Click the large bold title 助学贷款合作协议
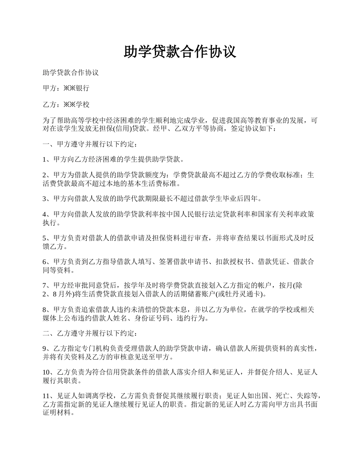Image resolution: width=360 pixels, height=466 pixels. point(180,52)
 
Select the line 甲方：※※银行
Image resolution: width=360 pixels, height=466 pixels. point(66,88)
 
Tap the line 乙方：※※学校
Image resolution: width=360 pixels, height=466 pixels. point(66,104)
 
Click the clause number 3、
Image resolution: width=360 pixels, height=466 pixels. point(47,199)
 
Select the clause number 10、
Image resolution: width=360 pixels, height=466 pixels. point(48,372)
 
